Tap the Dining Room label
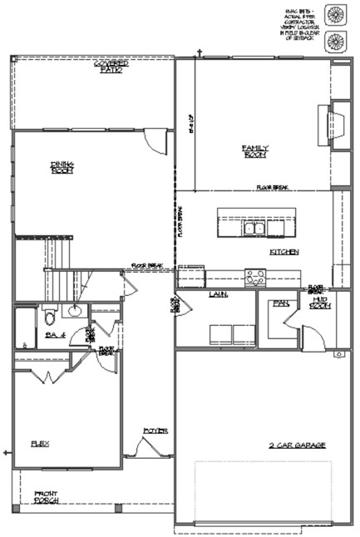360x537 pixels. coord(62,168)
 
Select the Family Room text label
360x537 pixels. coord(254,152)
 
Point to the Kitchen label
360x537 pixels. coord(284,252)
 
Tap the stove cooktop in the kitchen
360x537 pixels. coord(255,277)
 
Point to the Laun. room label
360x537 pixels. coord(219,294)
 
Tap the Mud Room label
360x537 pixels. coord(320,303)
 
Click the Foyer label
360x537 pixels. coord(155,431)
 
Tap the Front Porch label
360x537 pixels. coord(46,498)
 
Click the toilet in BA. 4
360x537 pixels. coord(49,316)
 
